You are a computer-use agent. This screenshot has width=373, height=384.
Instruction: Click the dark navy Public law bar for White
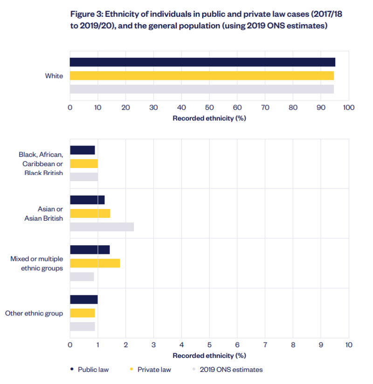(x=202, y=62)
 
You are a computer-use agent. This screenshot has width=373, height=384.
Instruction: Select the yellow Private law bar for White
(x=202, y=76)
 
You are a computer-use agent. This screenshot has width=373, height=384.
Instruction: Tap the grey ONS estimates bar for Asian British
(x=102, y=227)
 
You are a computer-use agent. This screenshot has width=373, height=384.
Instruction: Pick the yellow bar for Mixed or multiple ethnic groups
(x=95, y=263)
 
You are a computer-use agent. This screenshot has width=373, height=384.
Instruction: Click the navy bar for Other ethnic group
(x=83, y=300)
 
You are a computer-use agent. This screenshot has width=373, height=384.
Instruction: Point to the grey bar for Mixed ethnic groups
(x=82, y=277)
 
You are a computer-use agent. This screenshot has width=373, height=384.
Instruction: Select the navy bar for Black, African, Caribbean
(x=82, y=150)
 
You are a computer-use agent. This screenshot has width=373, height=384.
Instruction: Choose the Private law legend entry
(x=153, y=370)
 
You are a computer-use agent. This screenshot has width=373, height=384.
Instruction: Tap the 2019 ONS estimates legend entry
(x=231, y=370)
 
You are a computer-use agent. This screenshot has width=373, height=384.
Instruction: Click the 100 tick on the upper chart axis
(x=348, y=108)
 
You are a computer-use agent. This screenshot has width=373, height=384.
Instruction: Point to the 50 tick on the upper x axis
(x=209, y=108)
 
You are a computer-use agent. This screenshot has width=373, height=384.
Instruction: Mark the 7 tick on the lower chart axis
(x=265, y=345)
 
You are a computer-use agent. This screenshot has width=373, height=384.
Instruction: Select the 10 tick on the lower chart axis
(x=348, y=345)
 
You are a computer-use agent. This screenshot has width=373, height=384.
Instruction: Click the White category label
(x=54, y=76)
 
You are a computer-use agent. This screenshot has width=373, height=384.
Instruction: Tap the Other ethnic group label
(x=34, y=313)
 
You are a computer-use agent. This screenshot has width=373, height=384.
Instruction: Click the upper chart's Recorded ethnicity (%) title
(x=209, y=118)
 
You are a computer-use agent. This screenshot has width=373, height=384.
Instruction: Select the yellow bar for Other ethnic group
(x=82, y=313)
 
